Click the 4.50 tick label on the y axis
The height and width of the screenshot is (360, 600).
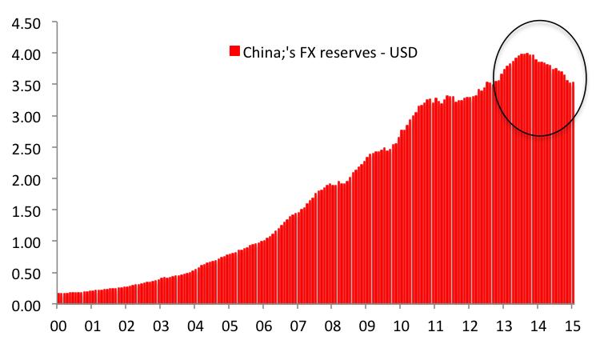[x=26, y=24]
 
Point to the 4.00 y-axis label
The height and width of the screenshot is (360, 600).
[x=26, y=54]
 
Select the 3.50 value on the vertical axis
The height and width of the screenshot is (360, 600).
[x=26, y=86]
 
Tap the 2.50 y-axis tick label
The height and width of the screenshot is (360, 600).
[x=26, y=149]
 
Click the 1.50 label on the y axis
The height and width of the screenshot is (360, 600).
[x=26, y=211]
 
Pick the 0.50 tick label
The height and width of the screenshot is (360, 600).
[x=26, y=274]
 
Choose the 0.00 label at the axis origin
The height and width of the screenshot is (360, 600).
[x=26, y=306]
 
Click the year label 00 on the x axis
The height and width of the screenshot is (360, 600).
[x=58, y=326]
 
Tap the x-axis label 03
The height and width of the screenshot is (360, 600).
[x=161, y=326]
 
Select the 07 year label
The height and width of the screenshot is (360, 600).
[x=298, y=326]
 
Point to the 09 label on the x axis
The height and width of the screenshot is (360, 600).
[x=366, y=326]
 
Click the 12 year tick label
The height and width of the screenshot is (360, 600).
[x=470, y=326]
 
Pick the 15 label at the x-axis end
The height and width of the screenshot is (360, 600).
[x=573, y=326]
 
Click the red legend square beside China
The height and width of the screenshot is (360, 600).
[x=234, y=51]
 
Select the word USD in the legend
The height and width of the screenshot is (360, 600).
[x=403, y=53]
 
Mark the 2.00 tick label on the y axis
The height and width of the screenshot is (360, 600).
[x=26, y=180]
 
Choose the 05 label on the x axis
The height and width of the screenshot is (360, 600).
[x=230, y=326]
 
